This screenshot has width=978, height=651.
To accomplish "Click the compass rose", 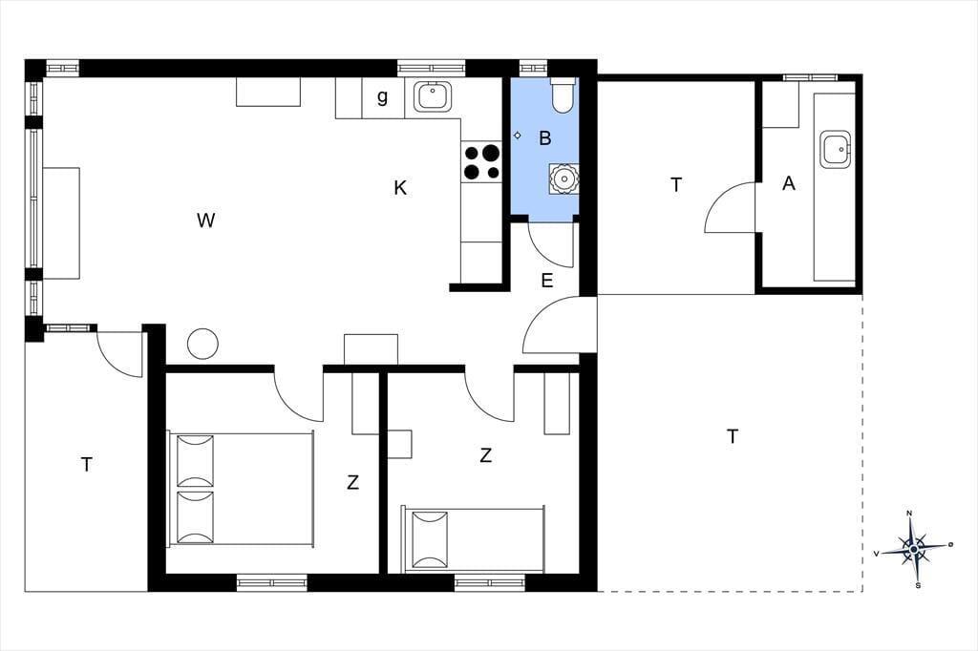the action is tap(914, 550).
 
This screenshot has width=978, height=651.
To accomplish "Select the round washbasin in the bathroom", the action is tap(563, 178).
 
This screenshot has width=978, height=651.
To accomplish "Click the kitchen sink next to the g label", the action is tap(432, 96).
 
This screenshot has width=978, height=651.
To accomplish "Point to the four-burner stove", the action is tap(481, 162).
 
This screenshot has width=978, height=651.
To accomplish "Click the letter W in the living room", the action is tap(206, 220).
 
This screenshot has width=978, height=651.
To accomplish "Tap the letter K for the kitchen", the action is tap(400, 188).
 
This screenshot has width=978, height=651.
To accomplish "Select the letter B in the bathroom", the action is tap(545, 137).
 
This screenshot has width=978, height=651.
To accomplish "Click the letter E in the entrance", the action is tap(547, 281).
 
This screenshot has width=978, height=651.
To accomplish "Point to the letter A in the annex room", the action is tap(789, 183).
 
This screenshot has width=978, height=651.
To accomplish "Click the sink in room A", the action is tap(836, 149).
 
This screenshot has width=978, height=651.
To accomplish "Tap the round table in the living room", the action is tap(202, 344).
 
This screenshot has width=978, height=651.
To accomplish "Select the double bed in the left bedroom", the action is tap(241, 489).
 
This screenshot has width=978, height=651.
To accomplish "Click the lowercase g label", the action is tap(382, 96).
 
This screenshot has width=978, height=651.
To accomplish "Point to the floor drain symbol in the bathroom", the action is tap(517, 135).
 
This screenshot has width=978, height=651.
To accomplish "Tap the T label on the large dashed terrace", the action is tap(733, 436).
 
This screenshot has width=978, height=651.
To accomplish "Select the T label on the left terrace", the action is tap(87, 465).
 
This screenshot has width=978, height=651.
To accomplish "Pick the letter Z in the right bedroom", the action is tap(486, 456).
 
